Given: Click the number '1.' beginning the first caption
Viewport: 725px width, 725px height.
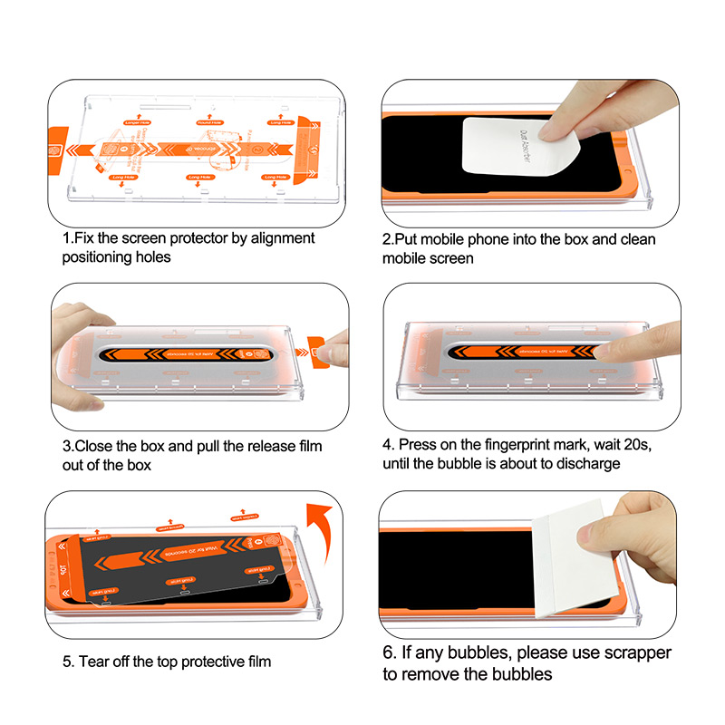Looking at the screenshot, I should click(67, 238).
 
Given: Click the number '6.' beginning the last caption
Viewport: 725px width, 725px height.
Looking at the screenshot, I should click(388, 653).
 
